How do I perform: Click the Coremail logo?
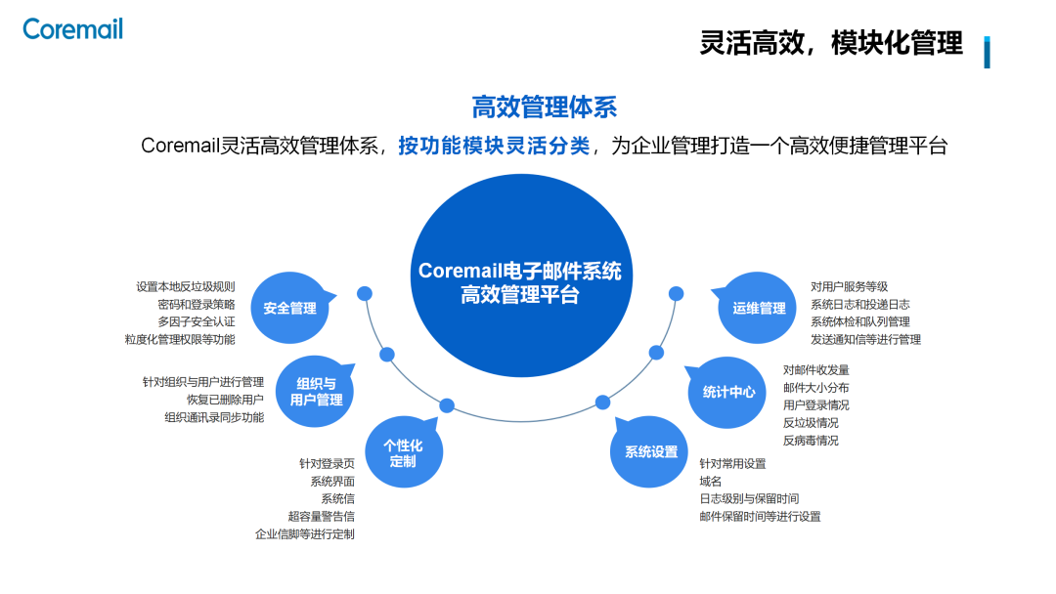73,29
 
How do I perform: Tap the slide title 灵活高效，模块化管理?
831,43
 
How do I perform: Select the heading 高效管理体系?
545,106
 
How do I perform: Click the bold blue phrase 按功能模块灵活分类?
494,147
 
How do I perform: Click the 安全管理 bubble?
289,309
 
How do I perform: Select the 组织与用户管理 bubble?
315,392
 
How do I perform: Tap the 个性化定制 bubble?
403,452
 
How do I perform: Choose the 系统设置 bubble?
651,452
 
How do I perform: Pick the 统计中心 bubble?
728,392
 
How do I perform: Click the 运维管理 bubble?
759,309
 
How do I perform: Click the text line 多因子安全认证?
196,321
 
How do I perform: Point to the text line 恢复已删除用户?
225,400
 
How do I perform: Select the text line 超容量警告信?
321,516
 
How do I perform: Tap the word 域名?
711,482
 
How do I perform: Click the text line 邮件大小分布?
815,388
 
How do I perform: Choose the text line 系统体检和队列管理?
859,321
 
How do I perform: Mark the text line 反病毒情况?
811,441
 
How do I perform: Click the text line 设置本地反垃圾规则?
186,286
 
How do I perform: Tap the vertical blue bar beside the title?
987,52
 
